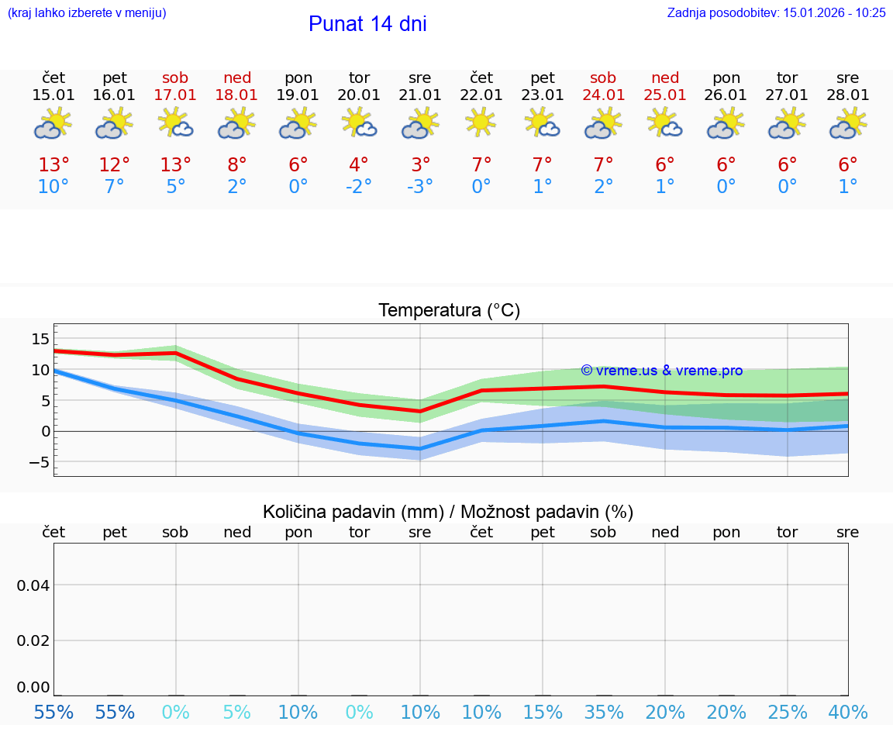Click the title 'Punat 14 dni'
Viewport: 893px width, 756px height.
coord(367,24)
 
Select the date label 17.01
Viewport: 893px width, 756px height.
coord(176,95)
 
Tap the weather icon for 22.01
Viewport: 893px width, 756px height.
coord(481,123)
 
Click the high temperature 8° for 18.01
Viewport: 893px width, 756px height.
coord(237,165)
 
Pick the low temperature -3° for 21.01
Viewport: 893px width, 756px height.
coord(419,187)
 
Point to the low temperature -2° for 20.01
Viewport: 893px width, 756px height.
coord(358,187)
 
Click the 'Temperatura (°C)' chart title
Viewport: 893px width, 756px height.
coord(449,311)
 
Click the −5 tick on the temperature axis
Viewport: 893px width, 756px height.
coord(37,463)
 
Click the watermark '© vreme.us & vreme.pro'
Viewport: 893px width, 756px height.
coord(661,371)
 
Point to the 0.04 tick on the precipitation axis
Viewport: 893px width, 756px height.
coord(33,585)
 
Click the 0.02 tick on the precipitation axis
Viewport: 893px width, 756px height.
coord(33,640)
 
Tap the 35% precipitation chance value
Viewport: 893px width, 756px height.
coord(603,713)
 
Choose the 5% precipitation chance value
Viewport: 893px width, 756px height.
coord(236,713)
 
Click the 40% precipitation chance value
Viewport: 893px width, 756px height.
coord(848,713)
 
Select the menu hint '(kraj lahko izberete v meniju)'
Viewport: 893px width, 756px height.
coord(87,12)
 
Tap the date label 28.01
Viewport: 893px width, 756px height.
coord(848,95)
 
